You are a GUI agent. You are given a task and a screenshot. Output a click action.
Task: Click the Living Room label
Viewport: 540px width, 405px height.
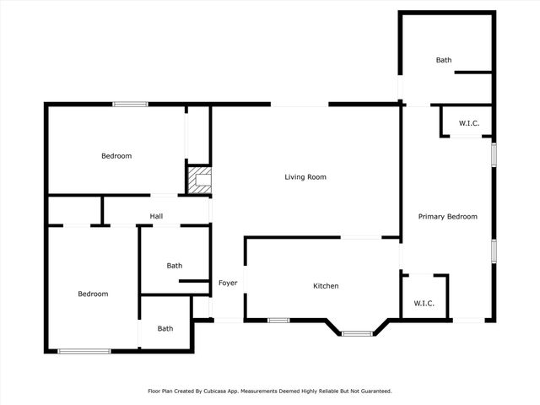pos(305,177)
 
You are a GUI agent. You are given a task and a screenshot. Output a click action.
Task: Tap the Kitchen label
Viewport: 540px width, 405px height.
pos(326,286)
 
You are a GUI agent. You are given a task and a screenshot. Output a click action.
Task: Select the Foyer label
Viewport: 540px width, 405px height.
pos(228,283)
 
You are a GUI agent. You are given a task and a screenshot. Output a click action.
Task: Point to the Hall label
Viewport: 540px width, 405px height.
pos(156,217)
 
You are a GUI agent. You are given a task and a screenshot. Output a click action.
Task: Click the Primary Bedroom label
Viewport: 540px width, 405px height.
pos(448,217)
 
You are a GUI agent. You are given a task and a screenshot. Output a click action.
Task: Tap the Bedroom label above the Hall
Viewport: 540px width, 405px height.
pos(116,156)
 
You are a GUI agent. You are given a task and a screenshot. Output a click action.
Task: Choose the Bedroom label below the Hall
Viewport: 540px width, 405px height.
pos(93,294)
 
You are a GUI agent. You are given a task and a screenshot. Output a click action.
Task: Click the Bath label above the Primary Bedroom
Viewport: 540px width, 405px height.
pos(444,60)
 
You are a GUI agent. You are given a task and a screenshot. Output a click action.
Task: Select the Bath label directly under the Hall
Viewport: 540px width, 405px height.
pos(174,266)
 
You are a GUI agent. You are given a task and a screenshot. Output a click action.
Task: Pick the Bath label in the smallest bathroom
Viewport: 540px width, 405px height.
pos(165,329)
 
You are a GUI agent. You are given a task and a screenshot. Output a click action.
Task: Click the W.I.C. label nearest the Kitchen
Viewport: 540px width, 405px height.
pos(424,304)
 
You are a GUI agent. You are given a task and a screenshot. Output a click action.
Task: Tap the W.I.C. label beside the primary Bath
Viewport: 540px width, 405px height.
pos(469,123)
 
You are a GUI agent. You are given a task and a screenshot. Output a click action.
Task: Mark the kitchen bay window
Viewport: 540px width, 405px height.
pos(357,333)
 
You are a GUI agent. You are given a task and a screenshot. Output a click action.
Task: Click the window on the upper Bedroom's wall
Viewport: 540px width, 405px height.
pos(131,104)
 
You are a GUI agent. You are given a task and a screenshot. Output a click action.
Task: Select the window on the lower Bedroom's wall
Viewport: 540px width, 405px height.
pos(84,351)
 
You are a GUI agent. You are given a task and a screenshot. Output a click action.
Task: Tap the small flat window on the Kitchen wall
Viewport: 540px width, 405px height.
pos(278,321)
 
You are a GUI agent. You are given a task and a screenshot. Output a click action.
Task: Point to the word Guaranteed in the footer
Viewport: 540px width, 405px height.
pos(374,391)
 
